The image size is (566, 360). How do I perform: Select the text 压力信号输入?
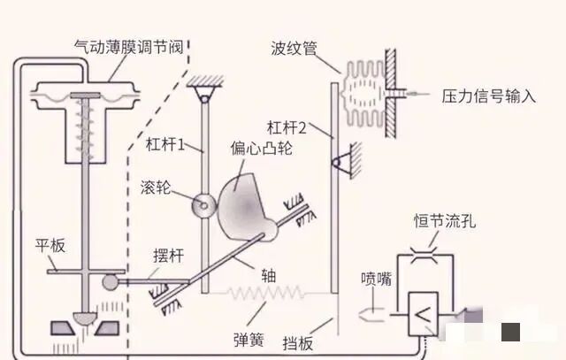click(x=488, y=96)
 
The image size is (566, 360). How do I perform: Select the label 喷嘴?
click(x=374, y=278)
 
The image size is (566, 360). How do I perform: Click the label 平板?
click(x=50, y=245)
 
